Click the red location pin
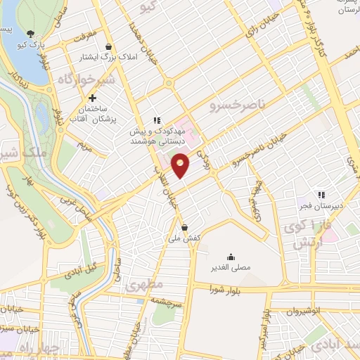click(181, 165)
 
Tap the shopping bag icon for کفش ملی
click(184, 227)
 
